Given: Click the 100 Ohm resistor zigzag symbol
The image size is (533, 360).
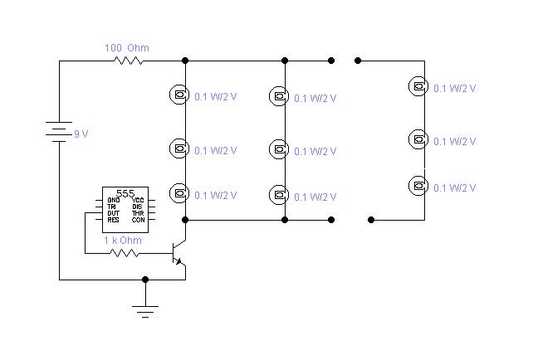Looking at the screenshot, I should click(128, 61).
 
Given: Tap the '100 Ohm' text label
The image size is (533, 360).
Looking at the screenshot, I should click(126, 48).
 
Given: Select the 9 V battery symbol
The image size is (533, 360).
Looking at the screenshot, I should click(59, 132).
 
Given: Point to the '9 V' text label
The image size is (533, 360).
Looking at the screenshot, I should click(81, 134).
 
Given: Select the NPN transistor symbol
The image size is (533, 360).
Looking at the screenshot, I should click(178, 253).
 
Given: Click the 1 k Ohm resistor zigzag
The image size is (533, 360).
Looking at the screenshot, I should click(125, 252).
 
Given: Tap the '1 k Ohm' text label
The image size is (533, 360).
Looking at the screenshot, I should click(122, 241).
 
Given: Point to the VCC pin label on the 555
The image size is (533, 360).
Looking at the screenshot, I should click(137, 200).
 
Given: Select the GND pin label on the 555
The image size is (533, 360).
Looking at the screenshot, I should click(113, 200).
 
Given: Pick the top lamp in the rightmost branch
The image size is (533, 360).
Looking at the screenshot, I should click(418, 85).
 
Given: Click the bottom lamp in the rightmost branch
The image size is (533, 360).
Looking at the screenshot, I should click(418, 185).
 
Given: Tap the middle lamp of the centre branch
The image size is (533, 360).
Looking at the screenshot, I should click(278, 149).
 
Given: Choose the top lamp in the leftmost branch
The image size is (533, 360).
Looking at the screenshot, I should click(178, 95).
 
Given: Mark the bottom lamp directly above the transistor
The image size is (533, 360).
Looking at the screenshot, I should click(178, 194).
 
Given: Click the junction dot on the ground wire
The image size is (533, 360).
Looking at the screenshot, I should click(145, 280).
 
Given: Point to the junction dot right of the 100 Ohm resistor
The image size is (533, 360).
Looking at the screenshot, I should click(184, 61).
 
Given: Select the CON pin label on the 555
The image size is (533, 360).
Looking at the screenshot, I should click(138, 220).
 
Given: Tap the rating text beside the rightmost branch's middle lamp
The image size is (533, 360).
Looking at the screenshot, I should click(456, 142).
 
